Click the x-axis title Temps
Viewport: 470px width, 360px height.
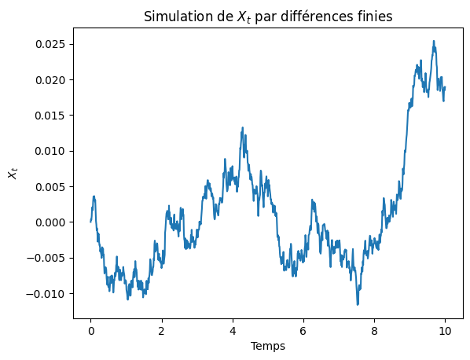point(268,346)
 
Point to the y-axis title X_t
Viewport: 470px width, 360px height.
point(13,174)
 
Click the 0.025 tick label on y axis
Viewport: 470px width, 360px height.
point(50,44)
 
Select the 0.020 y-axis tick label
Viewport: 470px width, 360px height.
point(50,80)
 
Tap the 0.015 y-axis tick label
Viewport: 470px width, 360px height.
point(50,116)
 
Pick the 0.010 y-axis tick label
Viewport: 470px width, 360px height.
point(50,151)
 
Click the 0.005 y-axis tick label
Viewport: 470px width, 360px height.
point(50,187)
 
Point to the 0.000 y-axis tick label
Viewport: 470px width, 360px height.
point(50,222)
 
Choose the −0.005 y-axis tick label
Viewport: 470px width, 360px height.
point(46,258)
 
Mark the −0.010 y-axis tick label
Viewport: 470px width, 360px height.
point(46,294)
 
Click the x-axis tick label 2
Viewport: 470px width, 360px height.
point(162,331)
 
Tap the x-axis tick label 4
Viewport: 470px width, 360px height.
point(233,331)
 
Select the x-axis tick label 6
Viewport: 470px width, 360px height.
point(303,331)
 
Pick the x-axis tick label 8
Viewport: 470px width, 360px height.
point(374,331)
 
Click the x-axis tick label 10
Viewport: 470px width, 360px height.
point(445,331)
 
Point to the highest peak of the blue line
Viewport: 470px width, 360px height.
point(433,41)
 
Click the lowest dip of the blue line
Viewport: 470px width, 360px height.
point(358,304)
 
